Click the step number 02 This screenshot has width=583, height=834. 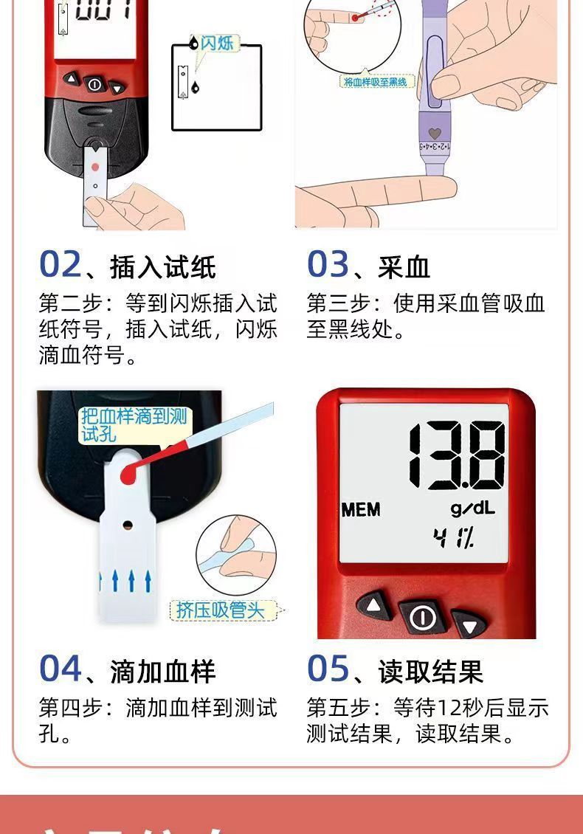click(x=60, y=264)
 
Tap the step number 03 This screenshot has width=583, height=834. click(x=328, y=264)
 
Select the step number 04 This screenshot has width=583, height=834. click(x=61, y=669)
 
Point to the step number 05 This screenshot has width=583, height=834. click(x=328, y=669)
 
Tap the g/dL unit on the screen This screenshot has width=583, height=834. click(x=473, y=509)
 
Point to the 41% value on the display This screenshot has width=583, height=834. click(x=455, y=539)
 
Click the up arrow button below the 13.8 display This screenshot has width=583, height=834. click(x=373, y=607)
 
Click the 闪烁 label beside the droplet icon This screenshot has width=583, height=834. click(x=217, y=43)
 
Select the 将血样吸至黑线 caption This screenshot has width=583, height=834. click(x=376, y=82)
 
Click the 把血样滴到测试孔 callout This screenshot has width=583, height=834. click(x=133, y=425)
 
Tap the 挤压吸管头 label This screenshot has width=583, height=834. click(x=218, y=610)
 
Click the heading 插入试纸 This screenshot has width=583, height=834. click(x=162, y=267)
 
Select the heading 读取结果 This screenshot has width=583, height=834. click(x=431, y=672)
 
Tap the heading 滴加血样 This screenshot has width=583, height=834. click(x=162, y=672)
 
